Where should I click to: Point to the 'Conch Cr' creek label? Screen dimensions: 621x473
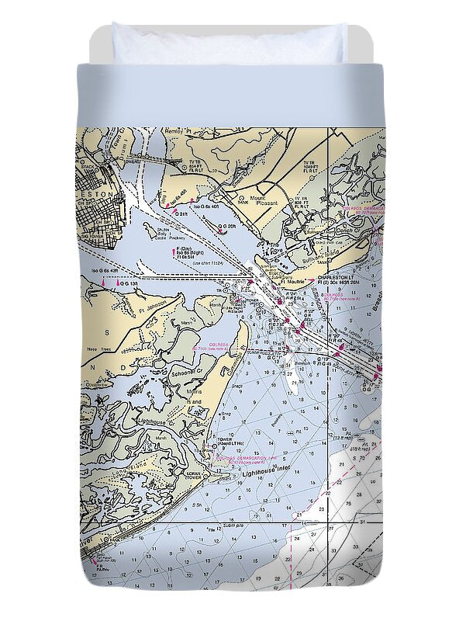coord(347,231)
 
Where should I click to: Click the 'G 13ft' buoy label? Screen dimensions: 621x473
coord(128,285)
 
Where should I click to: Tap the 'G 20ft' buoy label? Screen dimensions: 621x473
coord(226,227)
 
